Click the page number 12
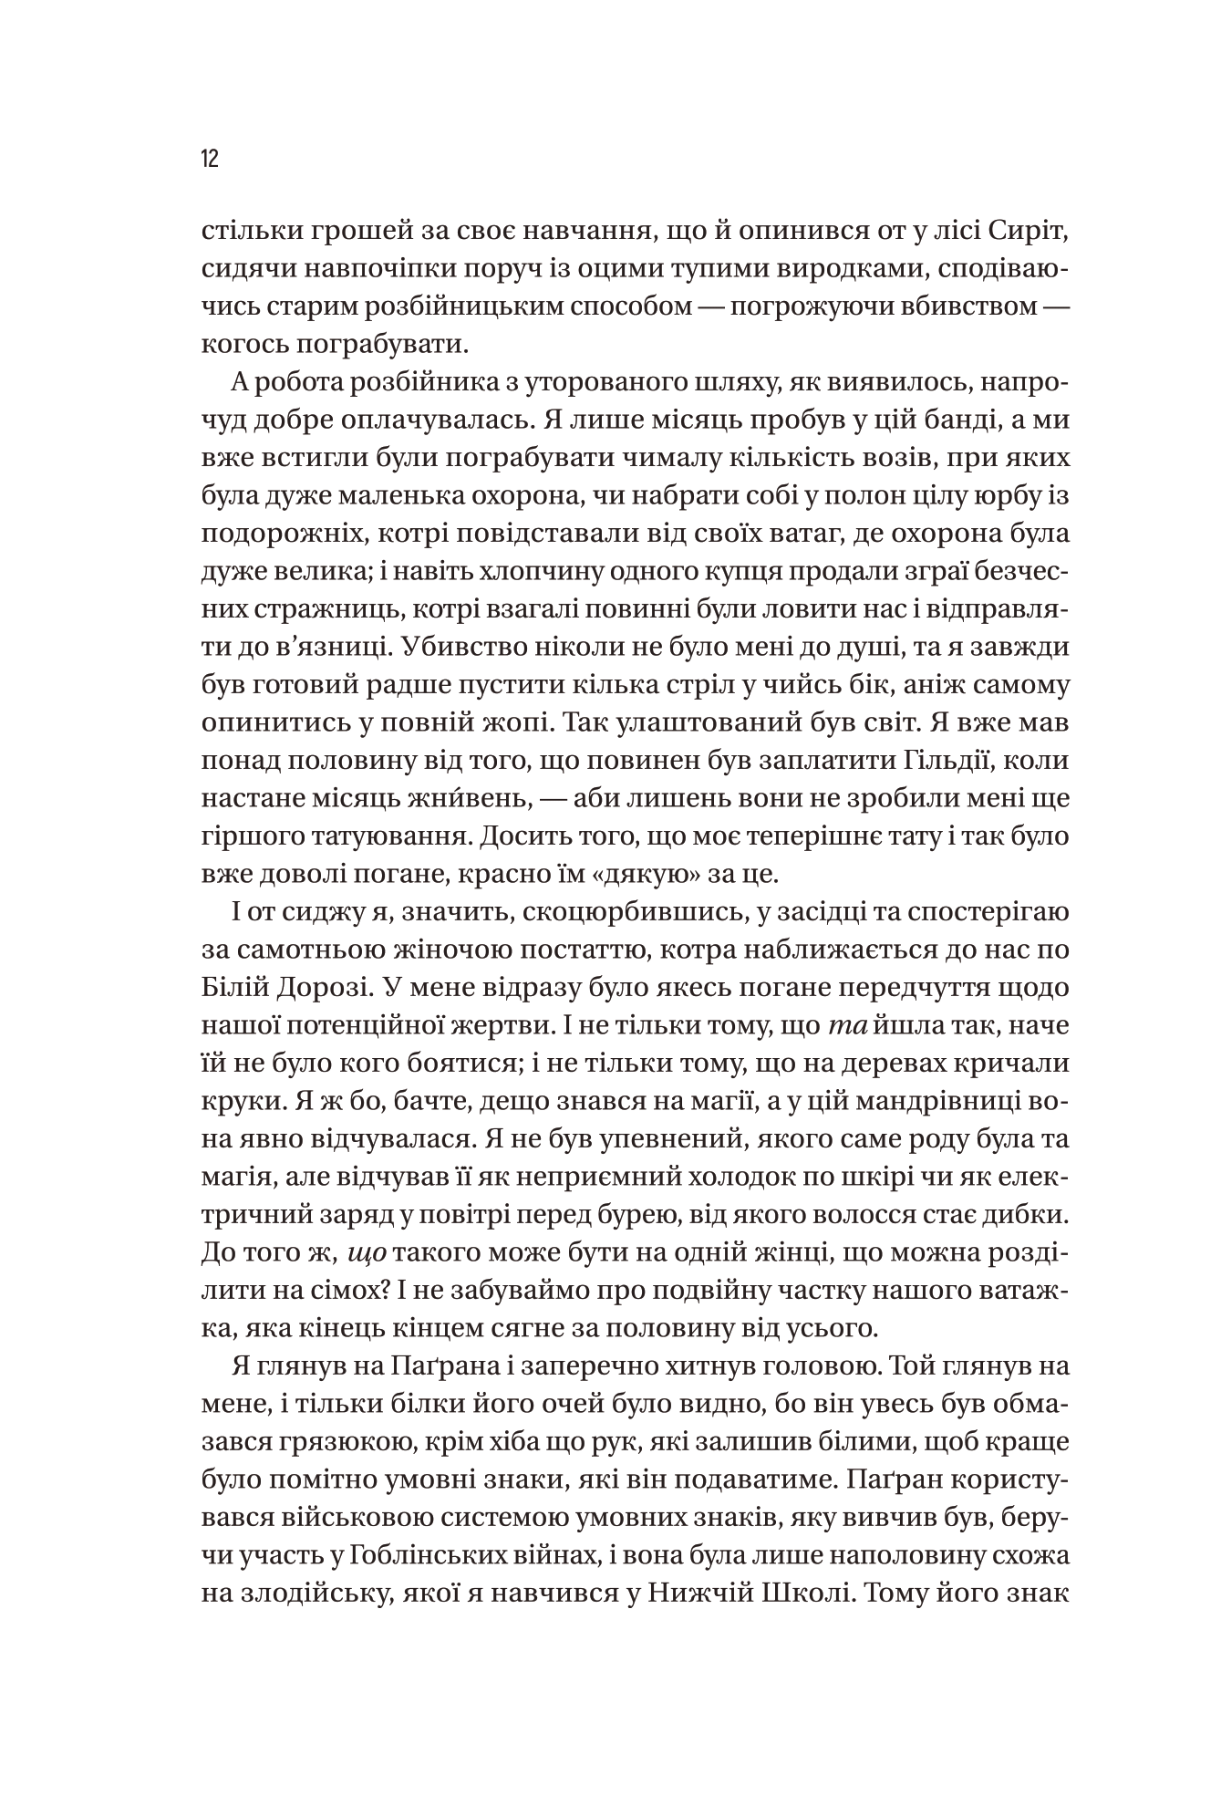[211, 160]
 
